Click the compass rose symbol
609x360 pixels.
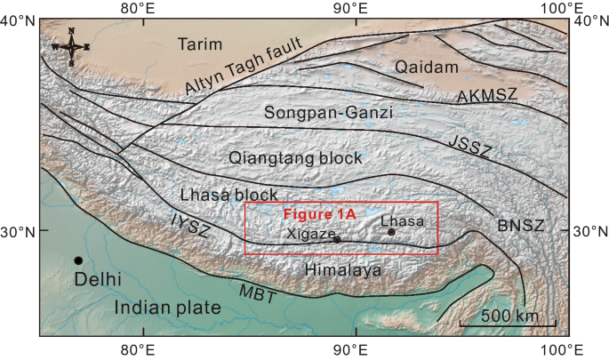71,46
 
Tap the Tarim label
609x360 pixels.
205,44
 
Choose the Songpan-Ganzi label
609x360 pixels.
328,113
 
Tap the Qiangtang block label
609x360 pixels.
295,158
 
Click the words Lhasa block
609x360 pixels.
229,195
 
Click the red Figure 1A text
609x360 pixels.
319,214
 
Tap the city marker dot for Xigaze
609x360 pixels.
337,239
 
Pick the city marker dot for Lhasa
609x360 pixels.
391,232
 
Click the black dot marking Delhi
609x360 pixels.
78,260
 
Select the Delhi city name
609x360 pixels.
97,280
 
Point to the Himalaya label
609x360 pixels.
341,268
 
